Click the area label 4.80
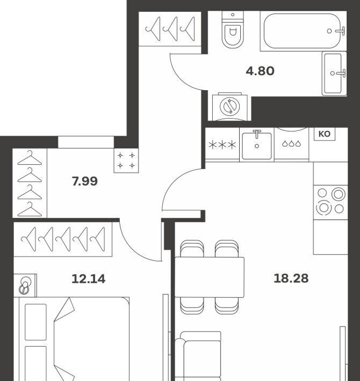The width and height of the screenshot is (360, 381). tap(260, 71)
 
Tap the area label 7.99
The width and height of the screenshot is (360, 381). tap(85, 181)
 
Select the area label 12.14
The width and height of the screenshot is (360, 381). tap(89, 279)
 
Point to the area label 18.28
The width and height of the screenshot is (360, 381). tap(291, 278)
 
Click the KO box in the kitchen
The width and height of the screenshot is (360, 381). tap(324, 134)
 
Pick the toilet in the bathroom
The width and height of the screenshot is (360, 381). tap(233, 30)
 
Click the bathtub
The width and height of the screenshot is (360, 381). tap(304, 31)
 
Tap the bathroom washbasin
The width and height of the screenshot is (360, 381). tap(334, 74)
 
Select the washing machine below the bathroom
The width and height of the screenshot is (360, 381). tap(229, 107)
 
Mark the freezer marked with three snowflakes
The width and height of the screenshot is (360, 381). tap(222, 144)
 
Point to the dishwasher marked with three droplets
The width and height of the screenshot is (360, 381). tap(291, 144)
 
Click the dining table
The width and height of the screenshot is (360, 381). tap(210, 277)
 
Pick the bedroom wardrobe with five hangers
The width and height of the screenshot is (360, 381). tap(63, 239)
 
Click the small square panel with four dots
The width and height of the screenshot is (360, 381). tap(126, 160)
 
